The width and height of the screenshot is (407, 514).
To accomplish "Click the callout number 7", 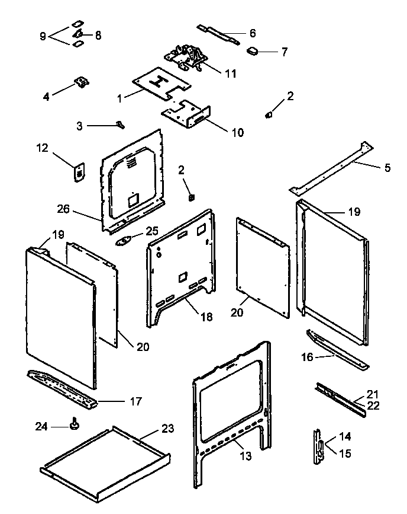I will coord(284,52).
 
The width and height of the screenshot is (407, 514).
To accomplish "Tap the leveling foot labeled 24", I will coord(75,424).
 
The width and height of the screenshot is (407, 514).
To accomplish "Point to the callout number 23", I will coord(168,429).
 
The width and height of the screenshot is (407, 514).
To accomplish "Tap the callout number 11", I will coord(229,74).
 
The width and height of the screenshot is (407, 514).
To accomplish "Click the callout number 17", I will coord(135,401).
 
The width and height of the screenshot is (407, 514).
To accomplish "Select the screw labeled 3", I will coord(120,124).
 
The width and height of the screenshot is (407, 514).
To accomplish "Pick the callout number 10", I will coord(237,132).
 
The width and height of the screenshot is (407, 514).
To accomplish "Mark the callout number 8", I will coord(98,35).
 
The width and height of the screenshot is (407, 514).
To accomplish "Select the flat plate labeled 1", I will coord(155,83).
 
